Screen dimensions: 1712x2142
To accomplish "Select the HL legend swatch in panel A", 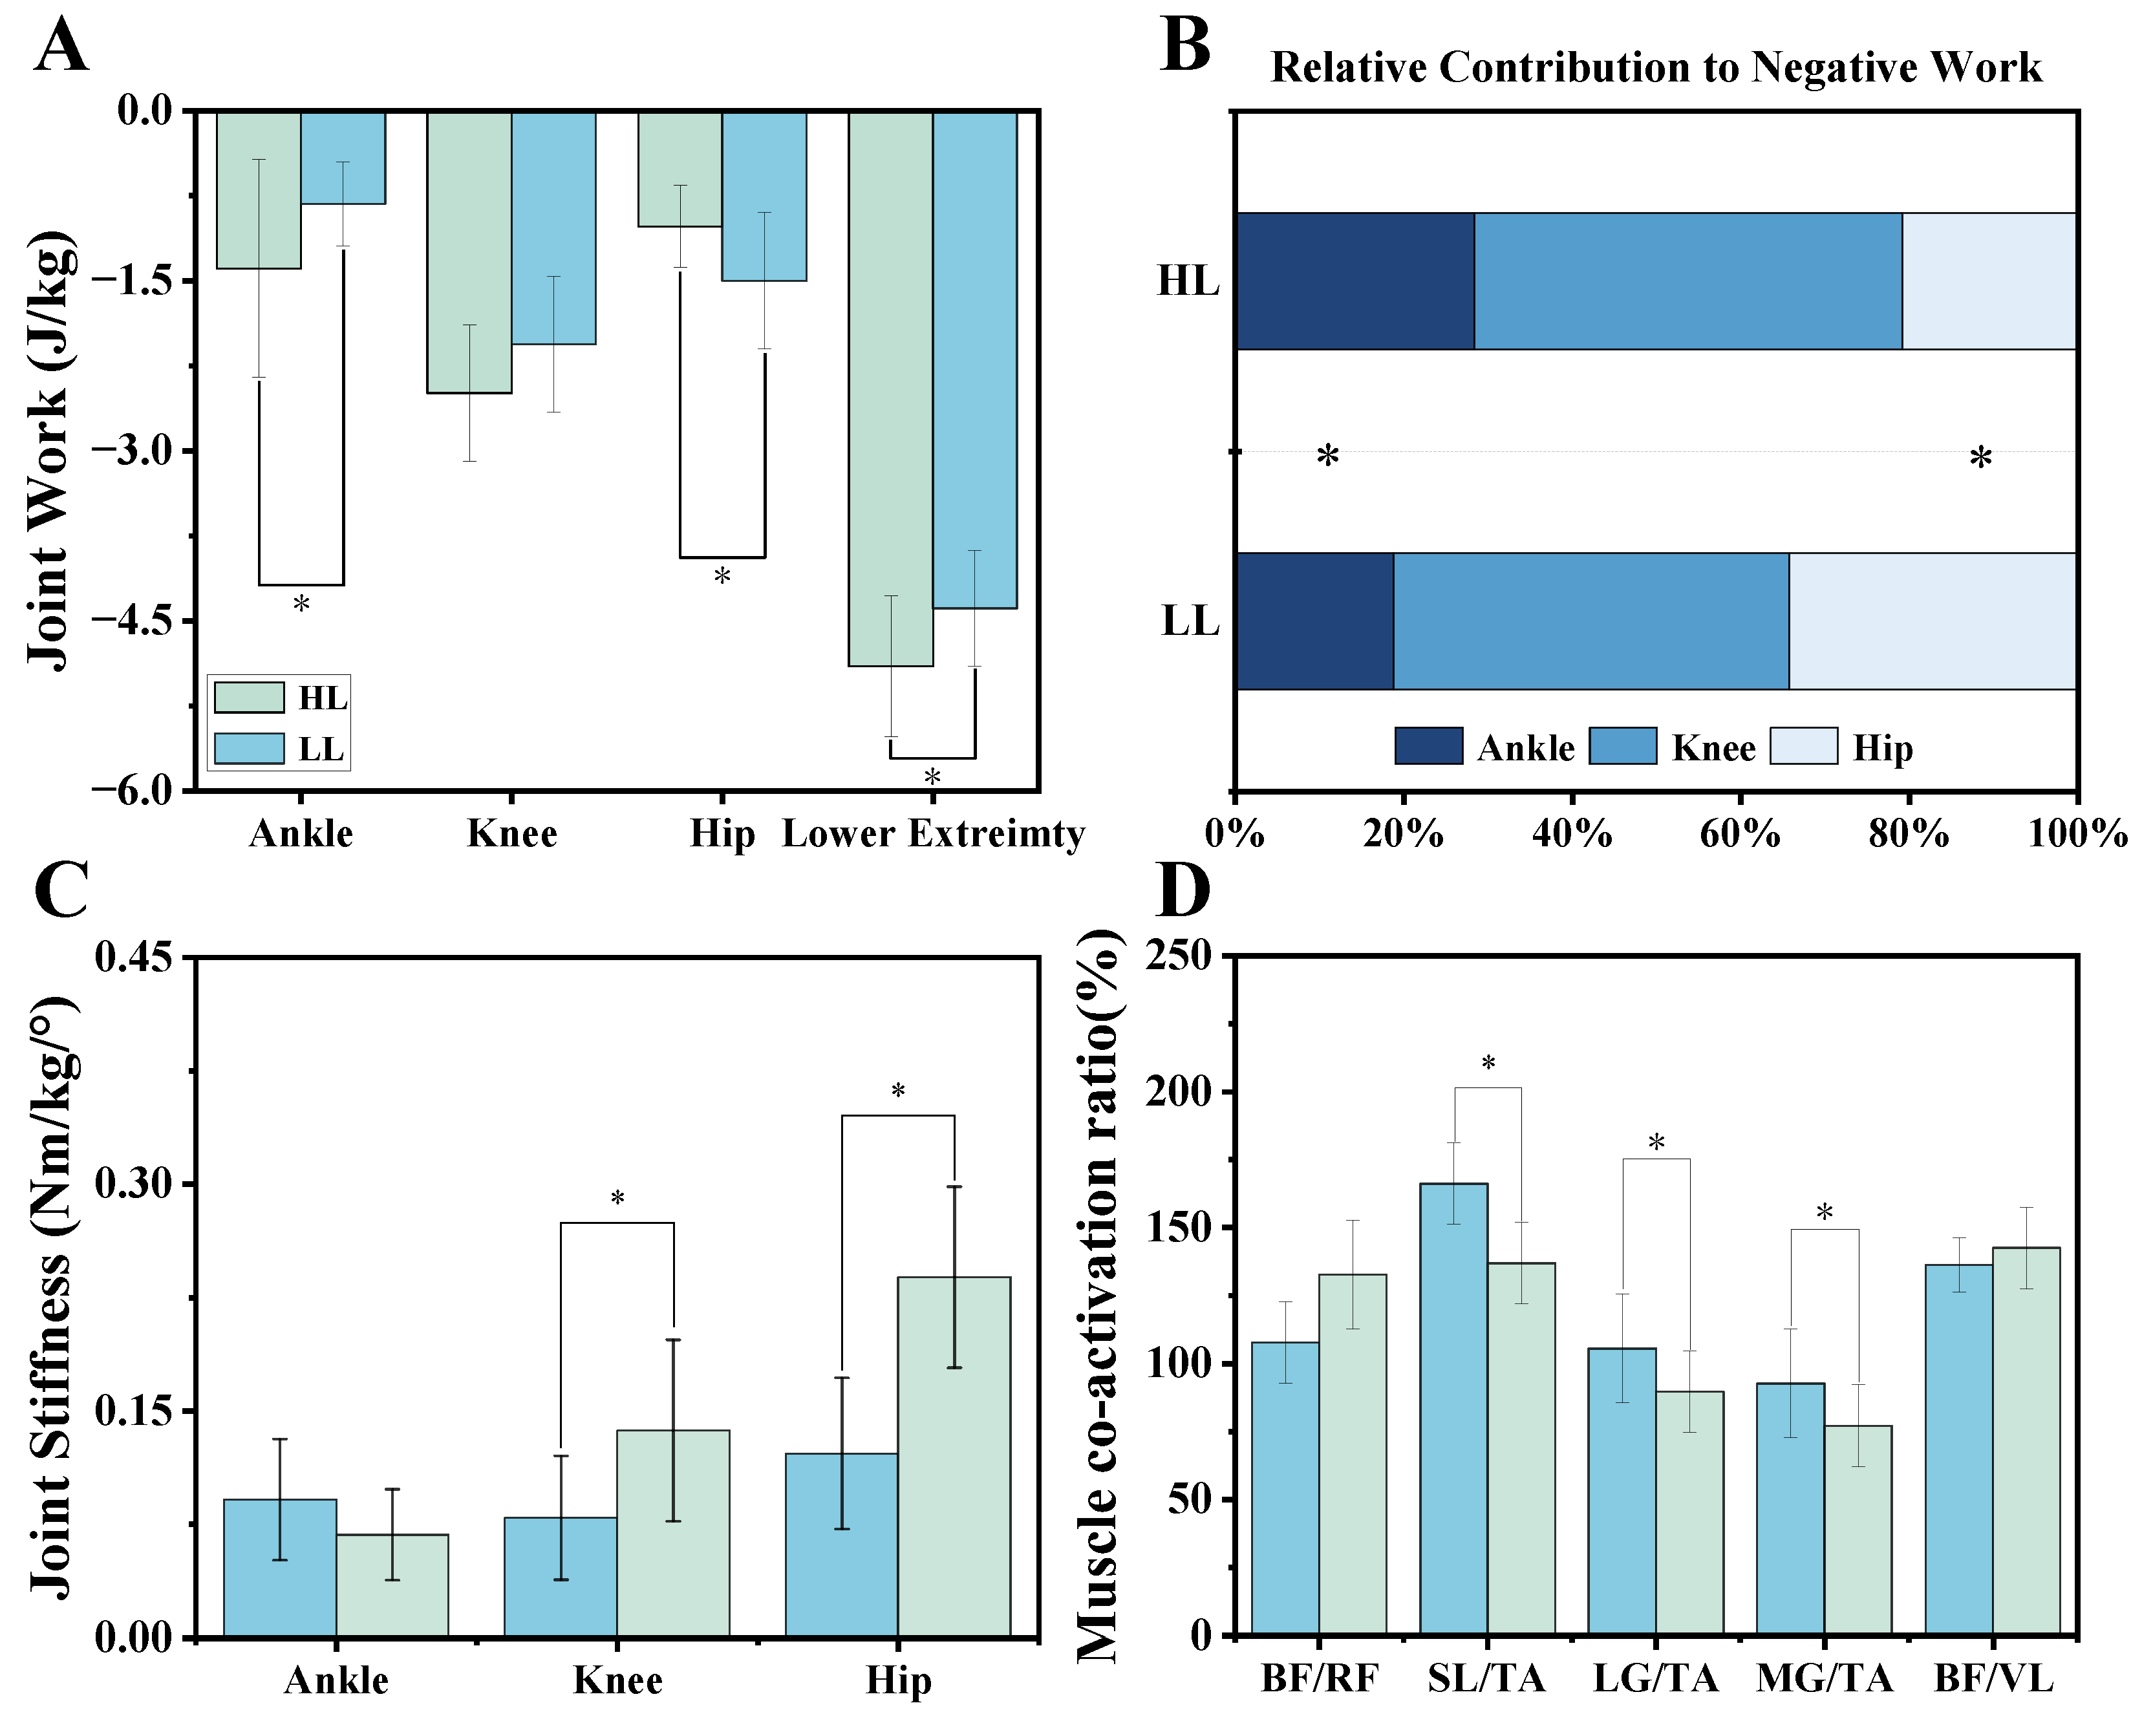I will pos(250,698).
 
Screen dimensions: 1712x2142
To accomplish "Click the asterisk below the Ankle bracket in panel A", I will pos(301,604).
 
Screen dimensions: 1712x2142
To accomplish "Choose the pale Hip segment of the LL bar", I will pos(1933,621).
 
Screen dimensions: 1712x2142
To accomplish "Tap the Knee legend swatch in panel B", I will pos(1622,746).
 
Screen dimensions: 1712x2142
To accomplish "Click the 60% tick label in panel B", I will pos(1740,833).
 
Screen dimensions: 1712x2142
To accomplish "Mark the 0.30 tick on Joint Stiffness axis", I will pos(132,1183).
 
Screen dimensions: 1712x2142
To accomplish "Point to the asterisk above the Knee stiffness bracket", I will pos(617,1198).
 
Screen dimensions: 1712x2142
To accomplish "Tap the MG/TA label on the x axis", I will pos(1824,1679).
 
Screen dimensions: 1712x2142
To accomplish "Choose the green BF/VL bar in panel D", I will pos(2026,1440).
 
